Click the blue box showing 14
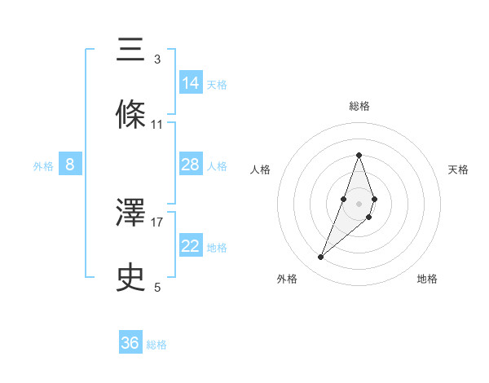point(191,83)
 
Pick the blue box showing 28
point(191,165)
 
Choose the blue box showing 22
point(191,246)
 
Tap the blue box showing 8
point(70,165)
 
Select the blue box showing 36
point(130,343)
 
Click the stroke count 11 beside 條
point(157,125)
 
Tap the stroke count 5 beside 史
point(157,287)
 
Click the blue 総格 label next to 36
point(156,345)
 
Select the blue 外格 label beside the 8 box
point(43,166)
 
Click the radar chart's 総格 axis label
point(359,106)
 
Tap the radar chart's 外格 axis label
point(287,279)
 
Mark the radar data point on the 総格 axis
point(359,155)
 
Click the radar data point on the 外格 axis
point(320,258)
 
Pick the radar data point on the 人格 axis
point(344,200)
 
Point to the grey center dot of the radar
point(359,203)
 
